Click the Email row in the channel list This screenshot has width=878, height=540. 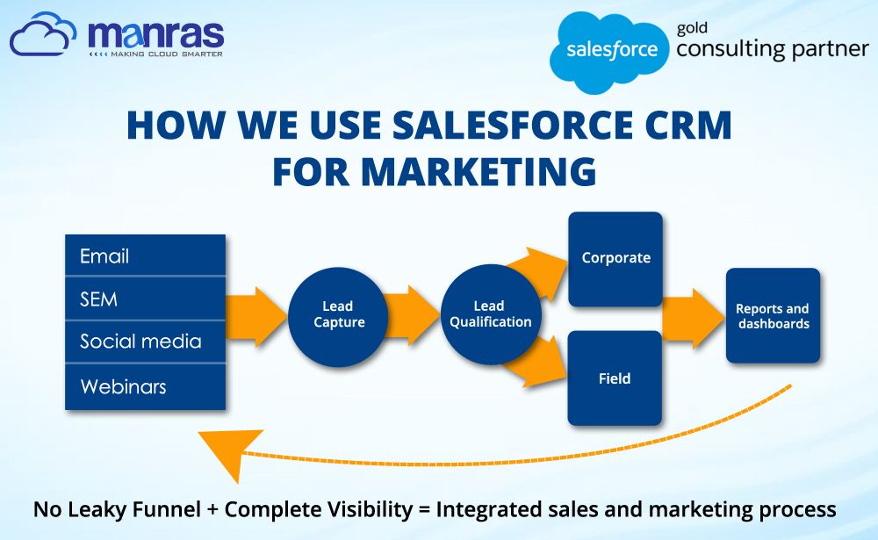coord(145,256)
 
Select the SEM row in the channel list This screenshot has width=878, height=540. coord(145,299)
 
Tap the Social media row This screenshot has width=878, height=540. coord(145,342)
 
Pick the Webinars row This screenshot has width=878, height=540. coord(145,387)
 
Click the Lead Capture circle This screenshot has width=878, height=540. coord(338,316)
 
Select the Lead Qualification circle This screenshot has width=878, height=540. coord(491,314)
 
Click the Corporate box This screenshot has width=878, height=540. coord(615,259)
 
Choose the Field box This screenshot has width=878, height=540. coord(615,378)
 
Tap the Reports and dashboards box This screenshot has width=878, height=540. coord(773,316)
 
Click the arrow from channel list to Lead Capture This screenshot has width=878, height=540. coord(256,317)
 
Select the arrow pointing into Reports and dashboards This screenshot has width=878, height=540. coord(694,318)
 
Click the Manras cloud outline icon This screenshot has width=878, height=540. coord(42,34)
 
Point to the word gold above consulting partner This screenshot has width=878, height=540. coord(692,28)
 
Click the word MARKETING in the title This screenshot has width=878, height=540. coord(434,170)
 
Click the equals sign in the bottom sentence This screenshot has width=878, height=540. coord(424,510)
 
